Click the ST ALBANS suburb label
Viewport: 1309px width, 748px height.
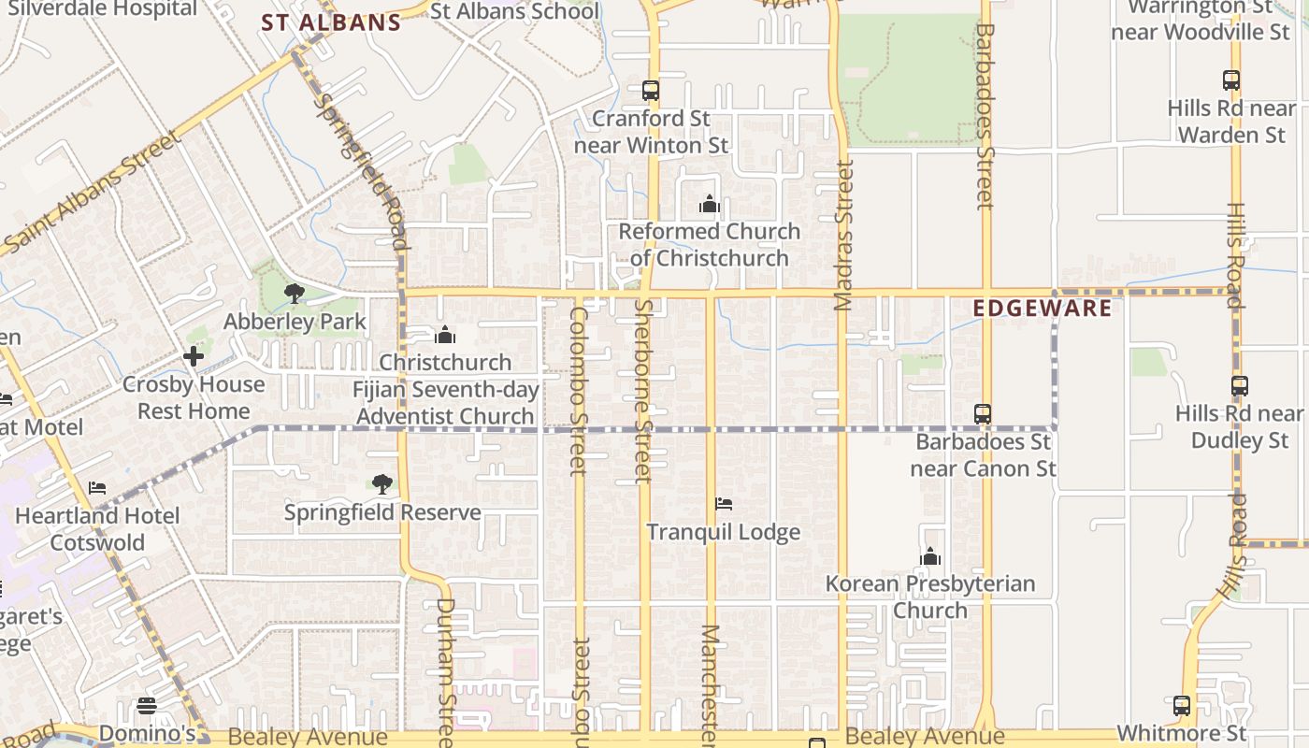pos(331,22)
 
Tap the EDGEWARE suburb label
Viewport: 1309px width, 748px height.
pos(1043,308)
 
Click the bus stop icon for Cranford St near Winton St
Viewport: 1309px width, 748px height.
pos(651,91)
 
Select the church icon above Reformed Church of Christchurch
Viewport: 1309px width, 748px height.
pos(710,204)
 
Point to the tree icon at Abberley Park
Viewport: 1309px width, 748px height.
pos(295,294)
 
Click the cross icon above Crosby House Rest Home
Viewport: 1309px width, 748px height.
pos(194,356)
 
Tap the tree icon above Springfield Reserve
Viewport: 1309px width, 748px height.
pos(381,484)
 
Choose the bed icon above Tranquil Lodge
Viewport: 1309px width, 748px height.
pos(724,504)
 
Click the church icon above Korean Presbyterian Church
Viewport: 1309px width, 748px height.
pos(929,557)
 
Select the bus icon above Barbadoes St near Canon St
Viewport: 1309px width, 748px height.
pos(983,413)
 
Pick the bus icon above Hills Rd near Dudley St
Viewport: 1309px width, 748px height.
pos(1240,385)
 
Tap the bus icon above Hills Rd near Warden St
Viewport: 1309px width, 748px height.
pos(1231,80)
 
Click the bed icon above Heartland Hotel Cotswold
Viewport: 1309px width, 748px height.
pos(97,488)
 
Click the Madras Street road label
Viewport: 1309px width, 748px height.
pos(844,235)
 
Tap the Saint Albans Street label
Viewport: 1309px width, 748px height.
pos(93,193)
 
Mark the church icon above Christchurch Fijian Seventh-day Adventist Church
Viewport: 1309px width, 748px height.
pos(445,335)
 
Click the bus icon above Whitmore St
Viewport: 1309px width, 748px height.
pos(1182,706)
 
